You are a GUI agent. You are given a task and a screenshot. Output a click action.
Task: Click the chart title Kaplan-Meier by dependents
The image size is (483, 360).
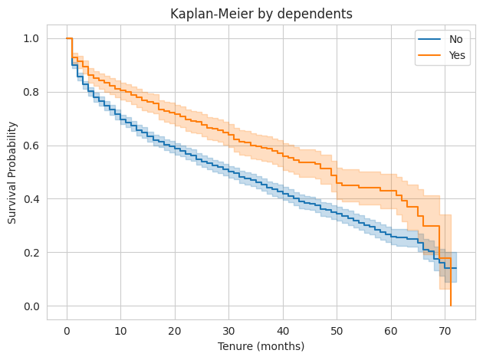[x=261, y=13]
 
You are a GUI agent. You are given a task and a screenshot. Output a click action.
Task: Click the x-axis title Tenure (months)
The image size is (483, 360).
[x=261, y=346]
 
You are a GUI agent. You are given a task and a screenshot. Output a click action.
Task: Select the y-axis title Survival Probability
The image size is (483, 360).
[x=12, y=172]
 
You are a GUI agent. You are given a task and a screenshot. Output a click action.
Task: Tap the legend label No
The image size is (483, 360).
[x=456, y=39]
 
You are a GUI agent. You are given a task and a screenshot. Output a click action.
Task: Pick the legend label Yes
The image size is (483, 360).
[x=458, y=55]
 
